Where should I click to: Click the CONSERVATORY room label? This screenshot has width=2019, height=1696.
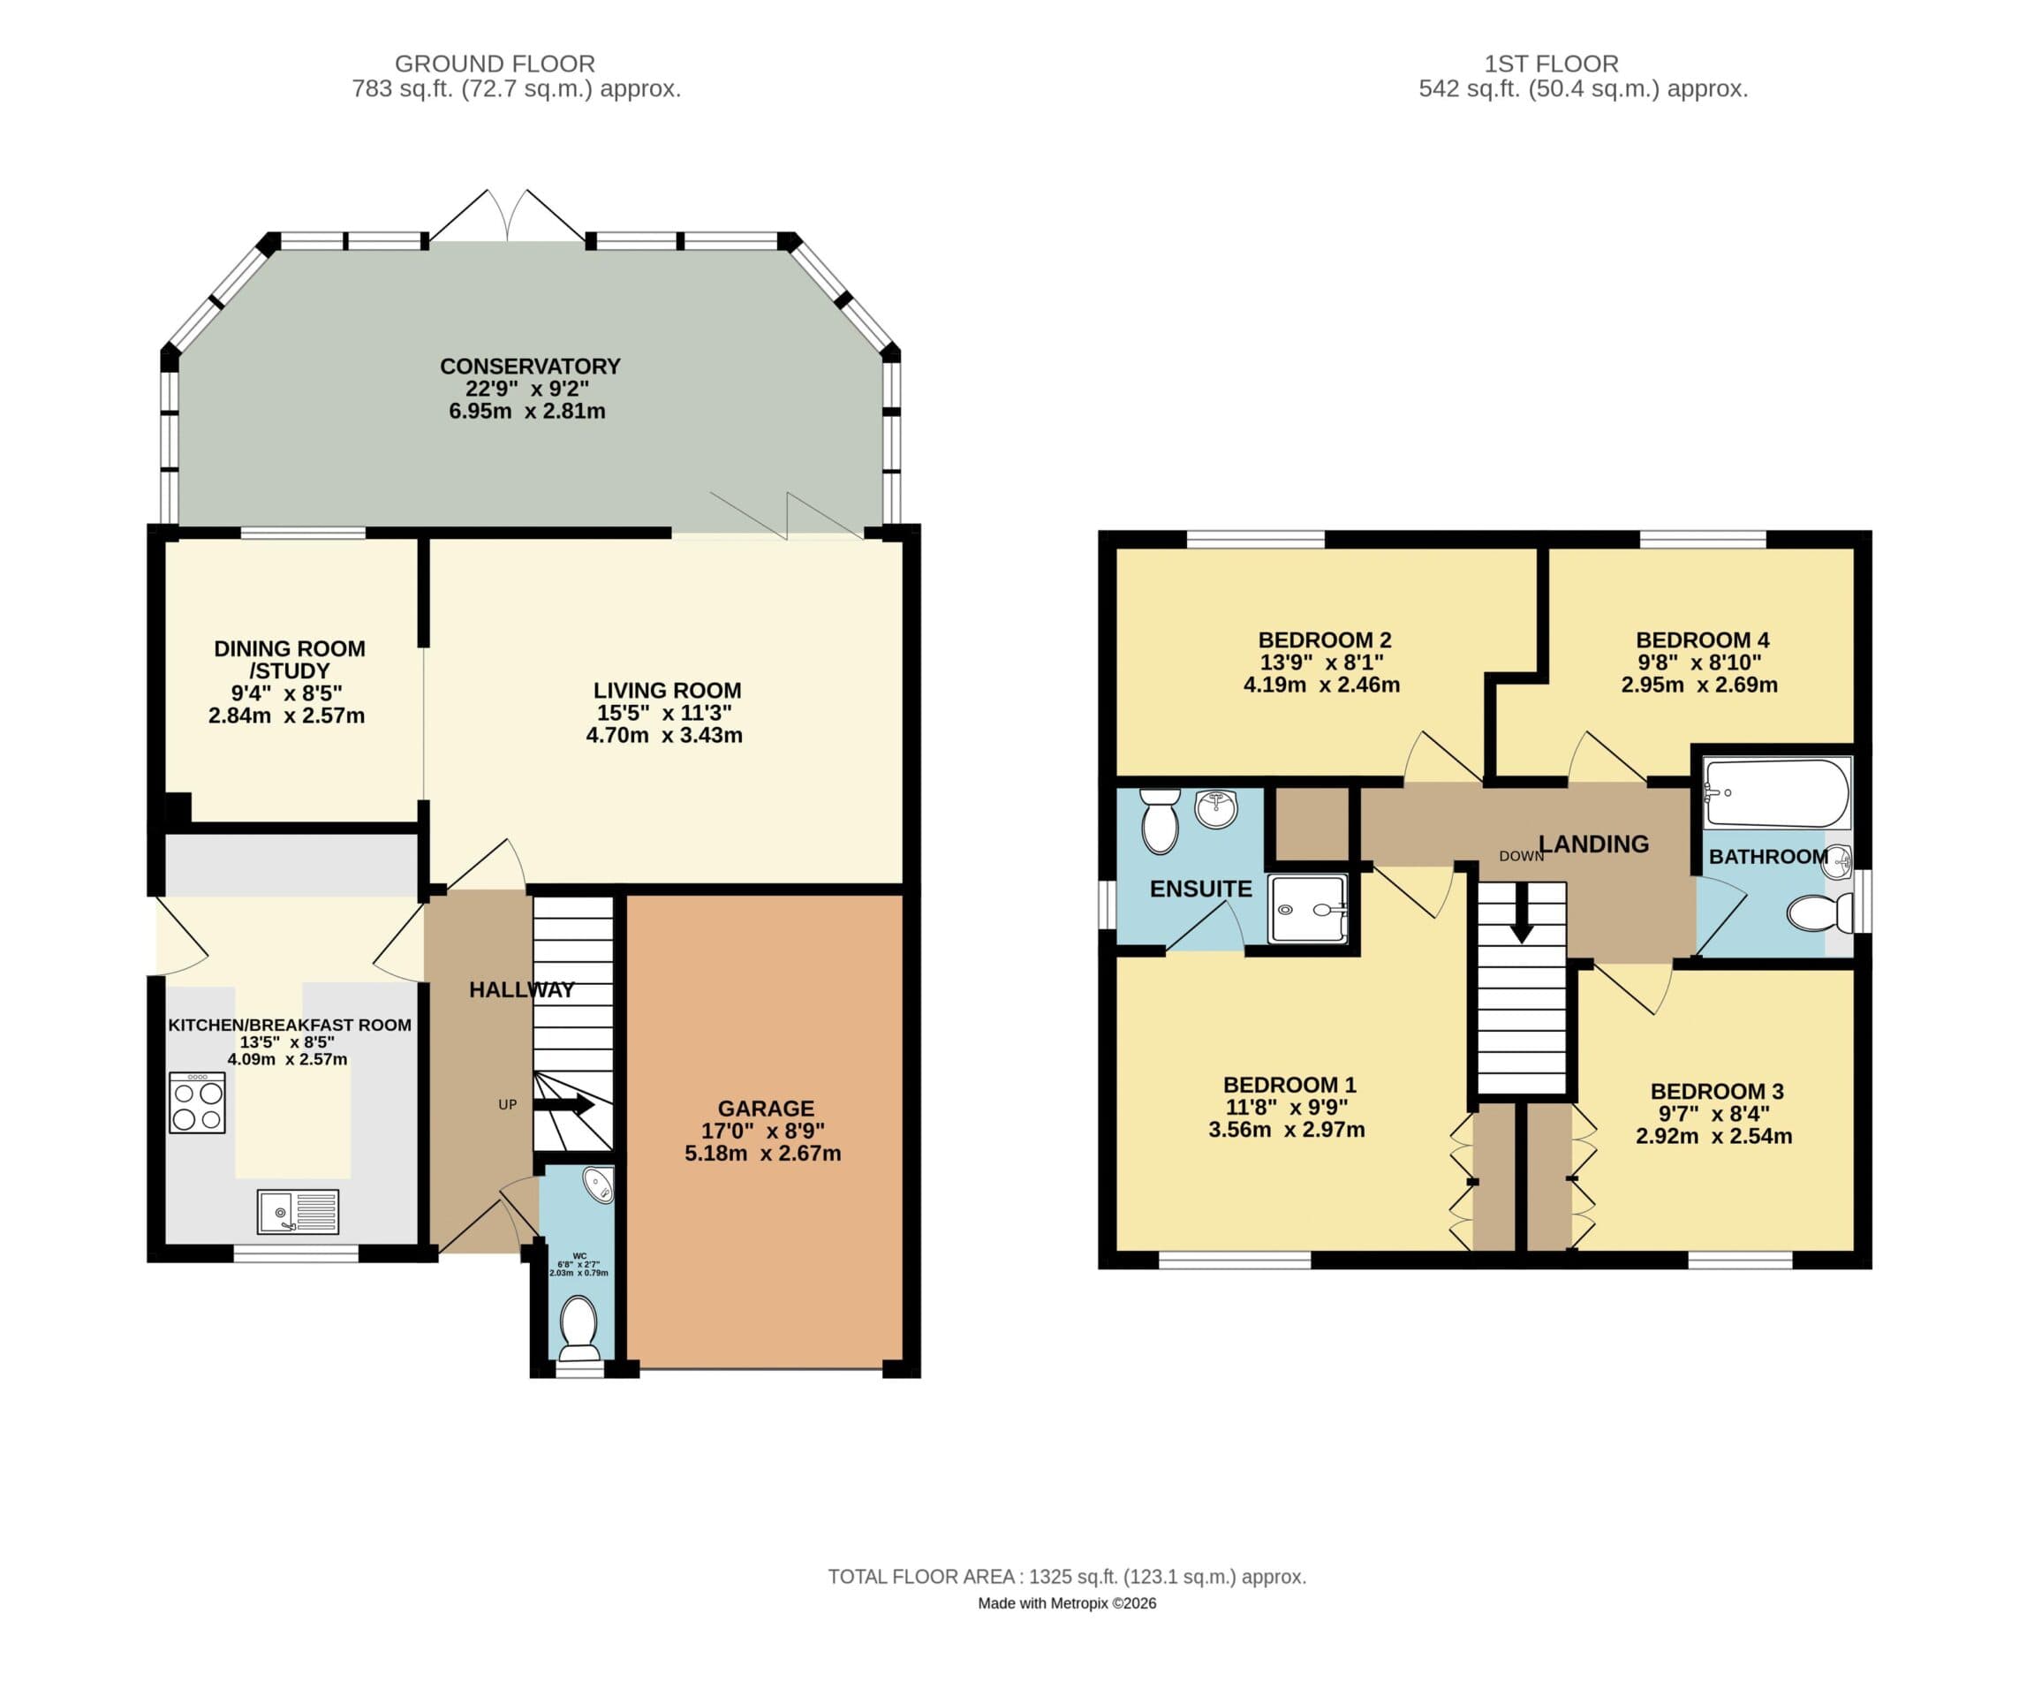[x=530, y=367]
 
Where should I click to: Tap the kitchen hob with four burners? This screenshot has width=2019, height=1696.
[x=197, y=1102]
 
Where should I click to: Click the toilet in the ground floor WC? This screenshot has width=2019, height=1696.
[x=578, y=1327]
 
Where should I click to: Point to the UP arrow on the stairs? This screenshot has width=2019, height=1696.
[x=564, y=1105]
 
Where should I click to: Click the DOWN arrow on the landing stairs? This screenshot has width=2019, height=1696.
[x=1521, y=912]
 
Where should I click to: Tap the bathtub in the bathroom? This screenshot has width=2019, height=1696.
[x=1776, y=793]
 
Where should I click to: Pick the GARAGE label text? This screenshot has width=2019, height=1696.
[x=766, y=1109]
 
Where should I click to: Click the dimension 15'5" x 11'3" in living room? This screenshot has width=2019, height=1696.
[x=664, y=713]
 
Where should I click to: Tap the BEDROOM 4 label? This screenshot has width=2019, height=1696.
[x=1702, y=640]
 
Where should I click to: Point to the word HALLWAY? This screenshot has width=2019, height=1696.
[x=521, y=989]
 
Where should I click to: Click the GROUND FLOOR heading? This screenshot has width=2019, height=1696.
[x=495, y=64]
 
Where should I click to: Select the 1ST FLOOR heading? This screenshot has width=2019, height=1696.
[x=1551, y=64]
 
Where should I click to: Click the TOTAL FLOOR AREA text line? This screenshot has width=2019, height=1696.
[x=1066, y=1577]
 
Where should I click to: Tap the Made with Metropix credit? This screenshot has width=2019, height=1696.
[x=1066, y=1602]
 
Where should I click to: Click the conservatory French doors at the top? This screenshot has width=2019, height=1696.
[x=507, y=217]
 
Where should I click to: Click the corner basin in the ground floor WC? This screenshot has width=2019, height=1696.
[x=599, y=1185]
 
